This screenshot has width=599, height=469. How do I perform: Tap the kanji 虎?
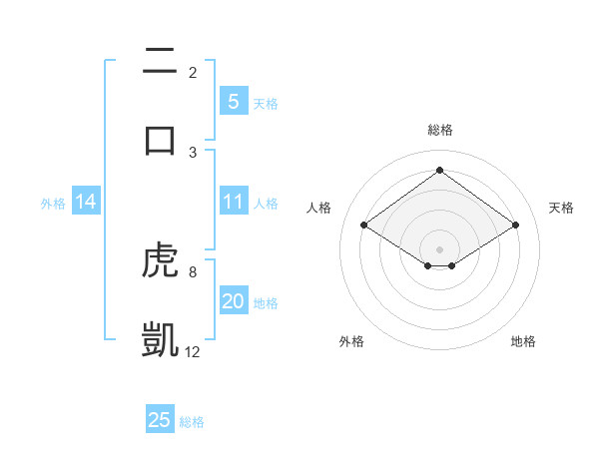pyautogui.click(x=160, y=262)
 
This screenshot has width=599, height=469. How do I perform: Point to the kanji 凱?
pyautogui.click(x=160, y=338)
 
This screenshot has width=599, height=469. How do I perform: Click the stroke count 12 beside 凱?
pyautogui.click(x=193, y=351)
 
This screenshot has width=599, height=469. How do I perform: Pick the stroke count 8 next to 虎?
pyautogui.click(x=193, y=271)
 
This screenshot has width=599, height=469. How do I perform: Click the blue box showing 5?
pyautogui.click(x=233, y=102)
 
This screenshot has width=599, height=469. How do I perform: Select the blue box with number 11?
pyautogui.click(x=233, y=203)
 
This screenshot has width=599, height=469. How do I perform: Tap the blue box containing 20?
pyautogui.click(x=233, y=302)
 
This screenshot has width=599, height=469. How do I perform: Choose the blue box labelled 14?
pyautogui.click(x=86, y=203)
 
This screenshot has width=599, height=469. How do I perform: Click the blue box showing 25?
pyautogui.click(x=160, y=420)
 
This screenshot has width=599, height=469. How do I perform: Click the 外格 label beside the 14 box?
pyautogui.click(x=53, y=204)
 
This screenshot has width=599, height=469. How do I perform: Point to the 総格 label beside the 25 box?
pyautogui.click(x=193, y=422)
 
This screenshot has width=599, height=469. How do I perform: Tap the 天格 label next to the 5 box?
pyautogui.click(x=266, y=103)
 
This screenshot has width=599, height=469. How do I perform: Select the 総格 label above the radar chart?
pyautogui.click(x=439, y=130)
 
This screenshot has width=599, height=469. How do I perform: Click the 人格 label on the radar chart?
pyautogui.click(x=319, y=208)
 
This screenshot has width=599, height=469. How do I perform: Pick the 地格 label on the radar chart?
pyautogui.click(x=523, y=341)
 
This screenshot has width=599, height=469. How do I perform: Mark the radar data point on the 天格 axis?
pyautogui.click(x=515, y=226)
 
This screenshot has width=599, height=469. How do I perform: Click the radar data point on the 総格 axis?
pyautogui.click(x=439, y=170)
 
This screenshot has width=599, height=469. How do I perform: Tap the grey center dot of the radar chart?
pyautogui.click(x=439, y=248)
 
